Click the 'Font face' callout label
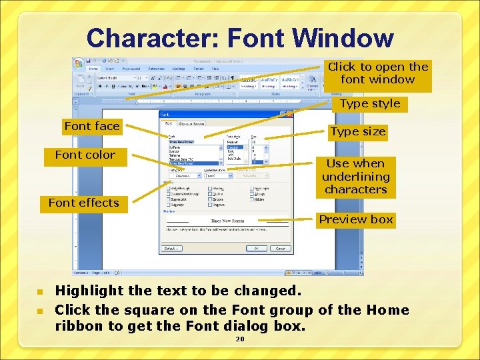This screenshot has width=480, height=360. pos(92,126)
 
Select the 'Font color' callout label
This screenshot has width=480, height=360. pos(85,155)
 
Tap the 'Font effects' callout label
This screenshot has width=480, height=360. pos(84,203)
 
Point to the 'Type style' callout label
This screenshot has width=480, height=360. pos(370,103)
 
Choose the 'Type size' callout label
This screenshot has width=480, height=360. pos(359,131)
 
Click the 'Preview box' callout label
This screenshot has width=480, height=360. pos(356,219)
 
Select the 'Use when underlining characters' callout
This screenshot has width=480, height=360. pos(355,177)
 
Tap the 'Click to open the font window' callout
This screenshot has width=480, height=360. pos(378,73)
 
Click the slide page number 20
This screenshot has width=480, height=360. pos(240,339)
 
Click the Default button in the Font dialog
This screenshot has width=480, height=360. pos(171,248)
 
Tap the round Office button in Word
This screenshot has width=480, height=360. pos(79,64)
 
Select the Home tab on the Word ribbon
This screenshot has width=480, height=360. pos(93,69)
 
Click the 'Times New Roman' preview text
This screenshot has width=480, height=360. pos(227,220)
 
